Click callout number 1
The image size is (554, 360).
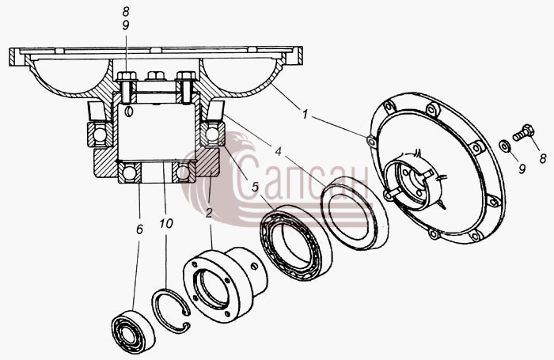coord(305,115)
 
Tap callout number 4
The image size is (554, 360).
coord(279,152)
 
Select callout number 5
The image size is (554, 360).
coord(255,187)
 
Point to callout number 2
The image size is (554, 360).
coord(209,213)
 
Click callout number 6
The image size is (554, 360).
coord(139,229)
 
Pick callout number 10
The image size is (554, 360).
coord(165,223)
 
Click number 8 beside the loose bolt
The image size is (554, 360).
coord(543,158)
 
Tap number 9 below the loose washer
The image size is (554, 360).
coord(522,169)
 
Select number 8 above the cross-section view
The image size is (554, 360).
coord(126,12)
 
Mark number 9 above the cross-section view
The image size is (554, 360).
coord(126,26)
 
